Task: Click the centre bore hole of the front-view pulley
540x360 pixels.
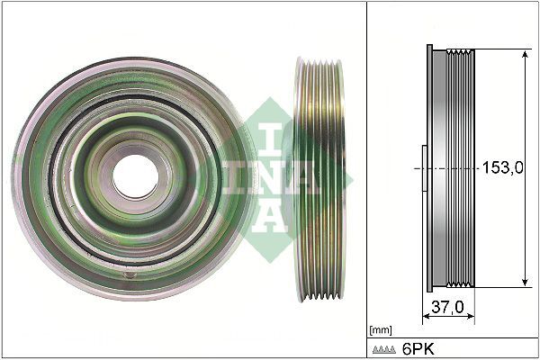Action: [x=134, y=170]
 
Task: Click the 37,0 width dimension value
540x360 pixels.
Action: [x=447, y=308]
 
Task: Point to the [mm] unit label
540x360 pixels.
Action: [x=380, y=328]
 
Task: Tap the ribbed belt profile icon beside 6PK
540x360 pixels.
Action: [x=385, y=348]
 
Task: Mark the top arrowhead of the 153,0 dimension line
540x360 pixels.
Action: [x=525, y=54]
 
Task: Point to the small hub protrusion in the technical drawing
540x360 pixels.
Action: [x=422, y=168]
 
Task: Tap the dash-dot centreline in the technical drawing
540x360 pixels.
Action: [x=450, y=168]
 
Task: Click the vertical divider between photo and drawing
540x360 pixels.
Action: [x=367, y=180]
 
